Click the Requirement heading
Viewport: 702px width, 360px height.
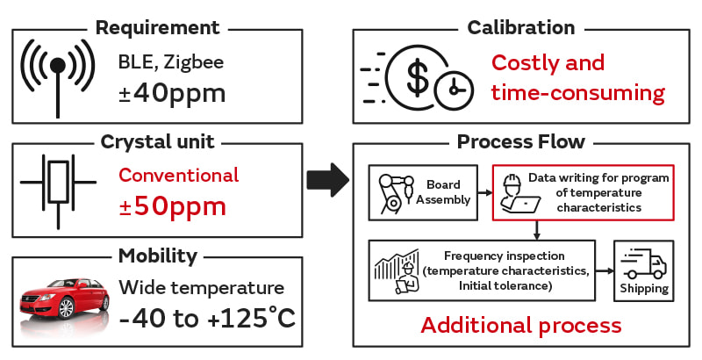(x=157, y=27)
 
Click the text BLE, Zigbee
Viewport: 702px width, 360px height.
(x=171, y=62)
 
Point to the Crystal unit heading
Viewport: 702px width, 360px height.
(x=157, y=142)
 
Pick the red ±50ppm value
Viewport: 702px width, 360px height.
(x=172, y=206)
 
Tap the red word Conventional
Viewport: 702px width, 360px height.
(x=178, y=175)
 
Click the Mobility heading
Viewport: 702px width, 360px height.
(x=157, y=256)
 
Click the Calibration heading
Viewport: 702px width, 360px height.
(x=521, y=27)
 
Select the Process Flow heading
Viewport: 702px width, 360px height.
(x=521, y=142)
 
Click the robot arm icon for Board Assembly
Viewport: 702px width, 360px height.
(x=392, y=191)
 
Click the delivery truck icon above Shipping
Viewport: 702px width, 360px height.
(x=643, y=262)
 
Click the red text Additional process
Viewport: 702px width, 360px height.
(x=521, y=325)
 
